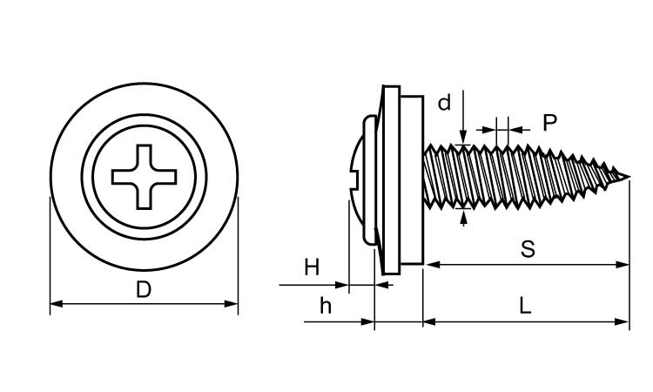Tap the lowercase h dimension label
click(325, 306)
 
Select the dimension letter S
click(527, 249)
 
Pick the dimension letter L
click(525, 306)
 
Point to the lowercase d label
click(444, 104)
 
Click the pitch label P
click(549, 123)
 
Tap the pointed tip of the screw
click(627, 179)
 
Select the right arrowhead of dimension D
click(232, 303)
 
